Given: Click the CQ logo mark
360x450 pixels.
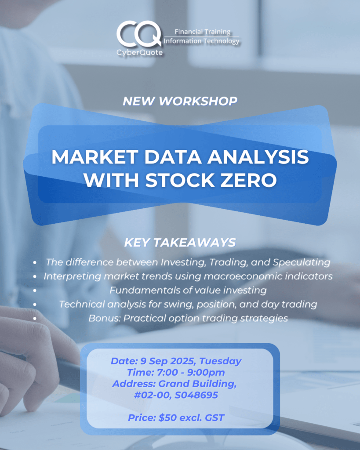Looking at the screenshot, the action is pos(139,34).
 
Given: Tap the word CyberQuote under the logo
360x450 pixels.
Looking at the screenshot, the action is pos(139,53).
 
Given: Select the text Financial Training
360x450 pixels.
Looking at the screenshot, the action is pos(203,32).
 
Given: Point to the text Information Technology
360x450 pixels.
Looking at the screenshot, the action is pos(201,41).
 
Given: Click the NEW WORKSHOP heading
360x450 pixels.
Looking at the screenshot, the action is pos(180,101).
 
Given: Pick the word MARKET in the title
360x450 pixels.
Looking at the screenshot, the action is pos(95,157).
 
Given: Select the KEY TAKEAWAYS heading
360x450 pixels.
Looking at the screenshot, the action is pos(180,243).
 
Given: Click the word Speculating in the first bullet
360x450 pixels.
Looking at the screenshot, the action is pos(302,262).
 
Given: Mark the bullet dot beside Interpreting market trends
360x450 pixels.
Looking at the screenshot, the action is pos(35,276).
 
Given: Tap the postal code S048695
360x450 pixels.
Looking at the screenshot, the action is pos(196,395).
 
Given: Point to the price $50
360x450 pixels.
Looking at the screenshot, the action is pos(167,418).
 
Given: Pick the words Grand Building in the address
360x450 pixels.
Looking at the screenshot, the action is pos(197,384).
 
